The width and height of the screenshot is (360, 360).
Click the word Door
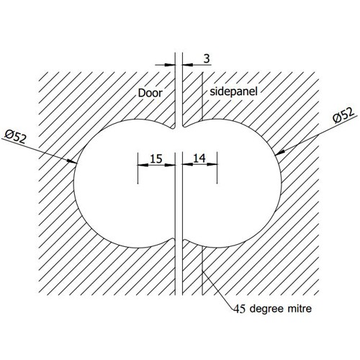[x=150, y=93]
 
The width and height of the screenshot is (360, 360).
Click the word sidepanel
[x=233, y=91]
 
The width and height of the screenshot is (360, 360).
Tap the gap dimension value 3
[x=207, y=58]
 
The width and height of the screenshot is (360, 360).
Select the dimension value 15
[x=156, y=158]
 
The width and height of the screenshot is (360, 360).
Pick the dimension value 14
[x=199, y=158]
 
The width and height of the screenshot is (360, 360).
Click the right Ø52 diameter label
[x=343, y=116]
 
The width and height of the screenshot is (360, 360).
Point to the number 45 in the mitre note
[x=240, y=309]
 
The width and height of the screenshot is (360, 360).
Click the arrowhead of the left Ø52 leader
[x=73, y=161]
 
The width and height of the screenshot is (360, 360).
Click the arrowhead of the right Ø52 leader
[x=280, y=152]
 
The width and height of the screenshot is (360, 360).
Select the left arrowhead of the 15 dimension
[x=142, y=165]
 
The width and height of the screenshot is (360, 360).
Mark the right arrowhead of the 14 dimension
[x=212, y=164]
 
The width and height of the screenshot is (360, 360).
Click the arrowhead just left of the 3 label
[x=187, y=65]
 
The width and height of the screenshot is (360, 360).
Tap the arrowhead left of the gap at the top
[x=170, y=65]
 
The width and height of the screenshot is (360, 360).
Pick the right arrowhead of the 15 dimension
[x=171, y=165]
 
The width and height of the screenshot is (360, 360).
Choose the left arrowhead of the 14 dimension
[x=187, y=164]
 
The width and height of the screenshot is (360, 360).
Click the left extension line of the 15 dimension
[x=138, y=168]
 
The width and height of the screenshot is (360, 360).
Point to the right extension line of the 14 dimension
[x=217, y=168]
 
